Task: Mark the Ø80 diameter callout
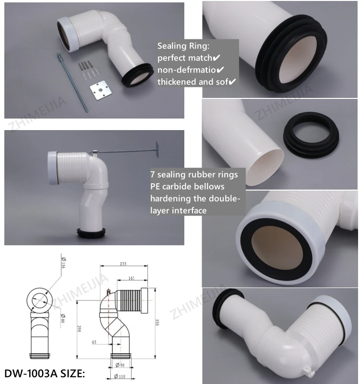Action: [63, 317]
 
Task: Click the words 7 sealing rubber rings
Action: [194, 174]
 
